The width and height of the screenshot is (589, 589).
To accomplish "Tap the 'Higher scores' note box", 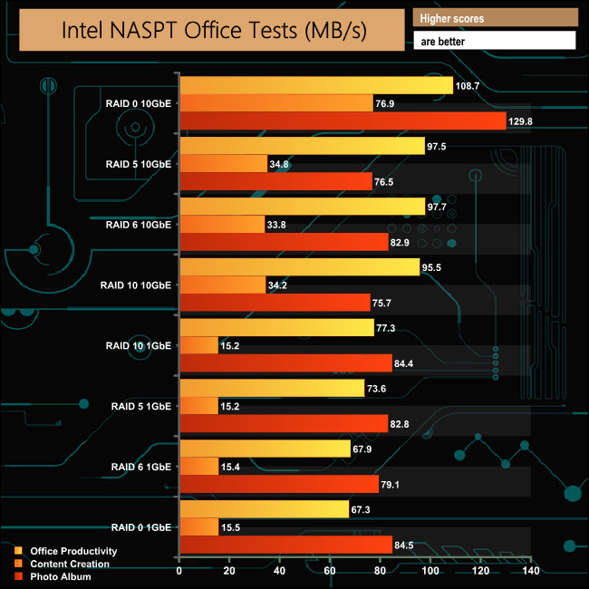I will [x=494, y=18].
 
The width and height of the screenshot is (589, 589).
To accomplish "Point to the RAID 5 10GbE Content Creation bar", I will [x=224, y=163].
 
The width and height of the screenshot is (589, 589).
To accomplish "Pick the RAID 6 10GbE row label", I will [x=138, y=224].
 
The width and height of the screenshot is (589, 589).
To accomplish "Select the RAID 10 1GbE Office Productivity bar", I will [x=277, y=327].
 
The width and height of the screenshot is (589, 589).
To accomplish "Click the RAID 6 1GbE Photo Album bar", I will [x=279, y=483].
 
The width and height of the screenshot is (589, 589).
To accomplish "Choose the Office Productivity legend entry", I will [x=73, y=551].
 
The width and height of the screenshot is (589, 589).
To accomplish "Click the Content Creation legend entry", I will [x=70, y=564].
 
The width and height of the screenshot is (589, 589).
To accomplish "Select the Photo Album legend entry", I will [x=61, y=576].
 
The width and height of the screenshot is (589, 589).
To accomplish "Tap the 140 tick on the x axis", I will [x=531, y=572].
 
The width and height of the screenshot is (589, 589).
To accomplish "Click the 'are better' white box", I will [x=494, y=41].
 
